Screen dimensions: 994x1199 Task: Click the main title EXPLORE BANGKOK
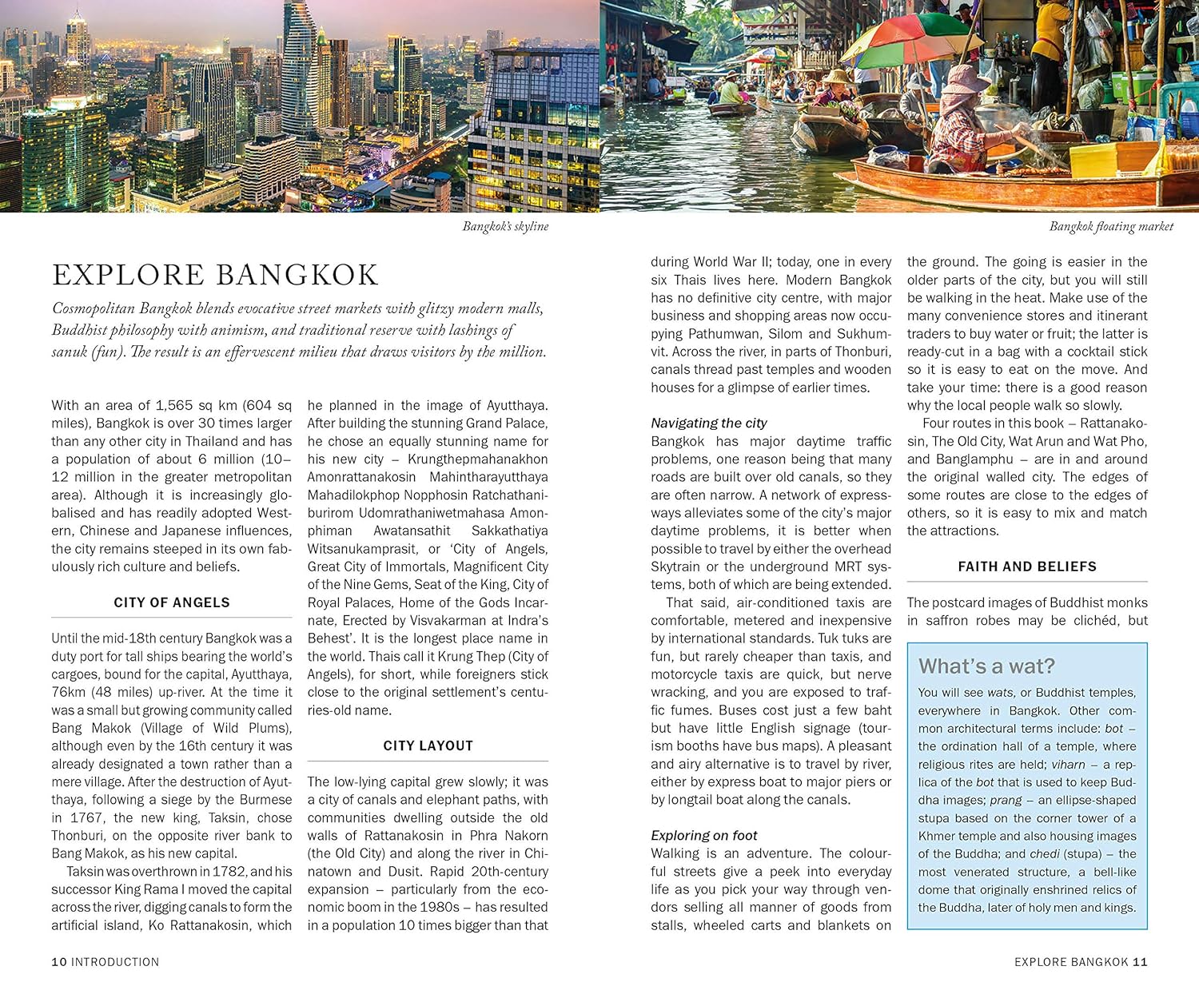(x=215, y=275)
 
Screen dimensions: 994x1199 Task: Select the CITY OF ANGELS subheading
(x=171, y=602)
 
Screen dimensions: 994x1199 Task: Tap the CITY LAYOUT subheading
(x=428, y=745)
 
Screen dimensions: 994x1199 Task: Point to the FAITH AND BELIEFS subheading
(x=1027, y=567)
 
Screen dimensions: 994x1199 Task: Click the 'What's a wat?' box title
(x=986, y=666)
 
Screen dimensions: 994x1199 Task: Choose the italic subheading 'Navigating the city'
(x=708, y=423)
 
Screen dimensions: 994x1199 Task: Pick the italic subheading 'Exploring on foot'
(x=703, y=835)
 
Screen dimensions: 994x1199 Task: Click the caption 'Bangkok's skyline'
(x=505, y=227)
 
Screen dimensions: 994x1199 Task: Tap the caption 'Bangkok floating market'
(x=1111, y=227)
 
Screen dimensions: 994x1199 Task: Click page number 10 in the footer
(x=59, y=962)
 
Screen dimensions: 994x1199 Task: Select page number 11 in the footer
(x=1140, y=962)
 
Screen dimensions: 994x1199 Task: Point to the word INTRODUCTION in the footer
(x=115, y=962)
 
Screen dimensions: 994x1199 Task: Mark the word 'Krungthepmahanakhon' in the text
(x=478, y=459)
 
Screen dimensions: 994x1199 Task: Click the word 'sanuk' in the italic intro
(x=70, y=352)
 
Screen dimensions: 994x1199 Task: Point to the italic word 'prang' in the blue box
(x=1006, y=800)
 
